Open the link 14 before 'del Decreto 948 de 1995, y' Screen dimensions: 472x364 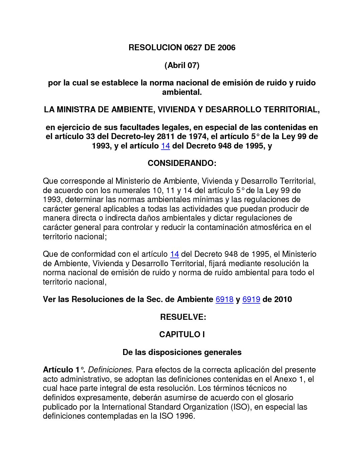pos(166,146)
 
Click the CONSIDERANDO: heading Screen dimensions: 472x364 pos(182,163)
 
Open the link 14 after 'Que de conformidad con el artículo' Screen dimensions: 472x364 pos(174,254)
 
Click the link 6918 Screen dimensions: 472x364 pos(224,299)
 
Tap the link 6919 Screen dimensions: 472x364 pos(251,299)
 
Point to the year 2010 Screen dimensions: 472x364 pos(283,299)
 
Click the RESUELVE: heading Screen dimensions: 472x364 pos(183,317)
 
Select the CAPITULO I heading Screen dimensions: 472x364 pos(182,335)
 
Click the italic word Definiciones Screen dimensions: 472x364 pos(111,370)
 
